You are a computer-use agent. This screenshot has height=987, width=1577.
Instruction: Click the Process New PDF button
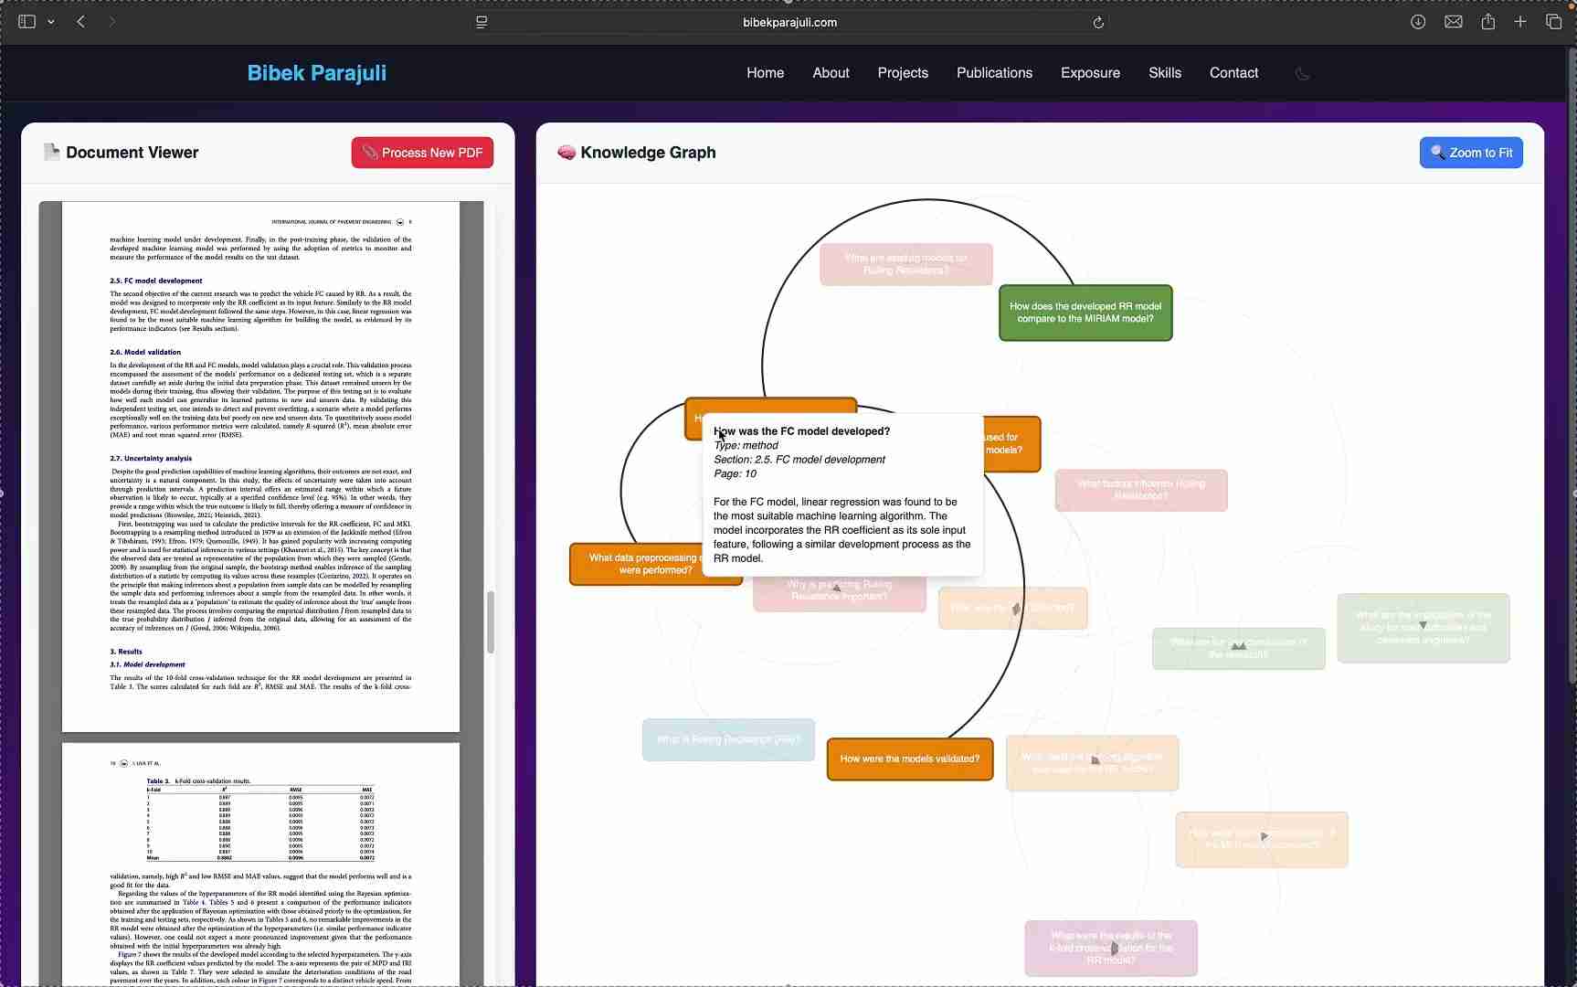422,153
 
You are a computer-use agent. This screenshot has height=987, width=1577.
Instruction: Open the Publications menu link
994,73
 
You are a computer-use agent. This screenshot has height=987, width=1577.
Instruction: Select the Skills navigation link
1164,73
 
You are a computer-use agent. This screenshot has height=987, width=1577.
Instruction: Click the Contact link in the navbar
1233,73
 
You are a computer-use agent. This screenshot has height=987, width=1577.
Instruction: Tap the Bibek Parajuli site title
316,73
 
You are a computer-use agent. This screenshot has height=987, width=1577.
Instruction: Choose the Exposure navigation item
1090,73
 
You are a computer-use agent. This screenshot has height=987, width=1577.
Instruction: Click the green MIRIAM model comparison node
1085,313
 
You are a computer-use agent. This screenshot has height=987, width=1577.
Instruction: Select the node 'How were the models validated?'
909,759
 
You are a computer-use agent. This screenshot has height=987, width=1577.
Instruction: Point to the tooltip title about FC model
801,431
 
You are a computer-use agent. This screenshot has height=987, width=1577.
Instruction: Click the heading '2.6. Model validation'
145,352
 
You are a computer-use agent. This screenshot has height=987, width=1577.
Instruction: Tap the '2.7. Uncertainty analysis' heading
151,459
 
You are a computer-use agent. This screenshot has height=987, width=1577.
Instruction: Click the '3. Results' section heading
126,652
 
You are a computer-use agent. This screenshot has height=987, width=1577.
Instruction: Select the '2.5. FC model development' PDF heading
156,281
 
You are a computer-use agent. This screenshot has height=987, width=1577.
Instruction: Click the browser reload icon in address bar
1098,23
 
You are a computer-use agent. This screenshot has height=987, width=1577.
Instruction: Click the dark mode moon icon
1302,74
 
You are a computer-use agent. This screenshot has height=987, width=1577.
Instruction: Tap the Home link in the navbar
765,73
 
